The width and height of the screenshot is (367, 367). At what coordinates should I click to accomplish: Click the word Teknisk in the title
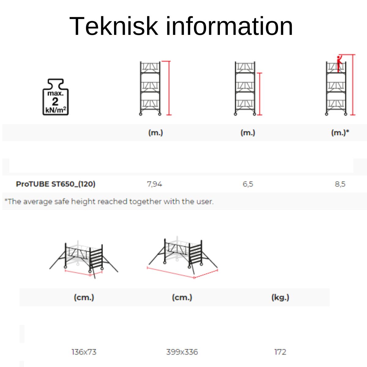point(114,26)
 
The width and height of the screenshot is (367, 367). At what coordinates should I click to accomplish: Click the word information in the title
point(229,26)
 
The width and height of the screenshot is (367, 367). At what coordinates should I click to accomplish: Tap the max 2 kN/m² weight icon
point(55,97)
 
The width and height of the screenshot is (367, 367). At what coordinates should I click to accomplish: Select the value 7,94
point(154,184)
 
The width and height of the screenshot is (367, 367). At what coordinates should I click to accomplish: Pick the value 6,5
point(248,184)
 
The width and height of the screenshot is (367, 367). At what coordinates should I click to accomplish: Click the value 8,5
point(340,184)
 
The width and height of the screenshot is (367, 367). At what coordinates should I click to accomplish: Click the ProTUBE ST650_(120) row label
point(56,184)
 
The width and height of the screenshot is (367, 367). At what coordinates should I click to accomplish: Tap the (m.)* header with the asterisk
point(340,133)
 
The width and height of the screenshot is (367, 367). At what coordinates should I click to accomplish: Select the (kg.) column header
point(280,297)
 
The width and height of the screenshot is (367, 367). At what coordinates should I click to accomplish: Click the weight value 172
point(280,352)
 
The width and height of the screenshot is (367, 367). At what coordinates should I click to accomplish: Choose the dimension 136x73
point(84,352)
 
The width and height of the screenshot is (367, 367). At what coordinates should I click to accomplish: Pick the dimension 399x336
point(182,352)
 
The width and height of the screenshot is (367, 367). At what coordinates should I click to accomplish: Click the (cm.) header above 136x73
point(84,297)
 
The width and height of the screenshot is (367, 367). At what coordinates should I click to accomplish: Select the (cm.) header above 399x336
point(182,297)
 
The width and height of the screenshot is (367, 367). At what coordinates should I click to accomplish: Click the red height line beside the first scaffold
point(169,88)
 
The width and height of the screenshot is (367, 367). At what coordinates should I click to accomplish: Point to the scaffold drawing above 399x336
point(183,258)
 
